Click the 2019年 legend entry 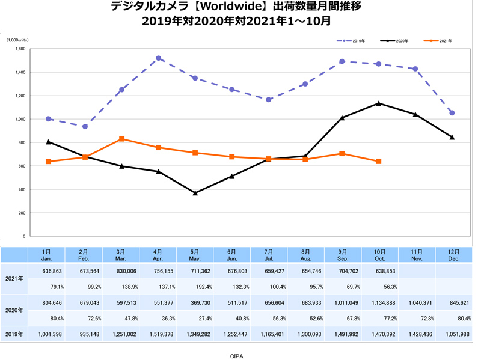tap(351, 41)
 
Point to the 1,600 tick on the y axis tap(20, 49)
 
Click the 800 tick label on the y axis tap(22, 142)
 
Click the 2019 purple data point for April tap(159, 58)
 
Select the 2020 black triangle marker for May tap(195, 193)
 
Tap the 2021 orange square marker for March tap(122, 139)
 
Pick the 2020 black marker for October tap(378, 103)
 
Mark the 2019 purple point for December tap(452, 113)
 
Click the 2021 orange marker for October tap(378, 162)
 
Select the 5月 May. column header tap(195, 254)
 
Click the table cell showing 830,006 tap(122, 271)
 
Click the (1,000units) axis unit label tap(22, 40)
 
